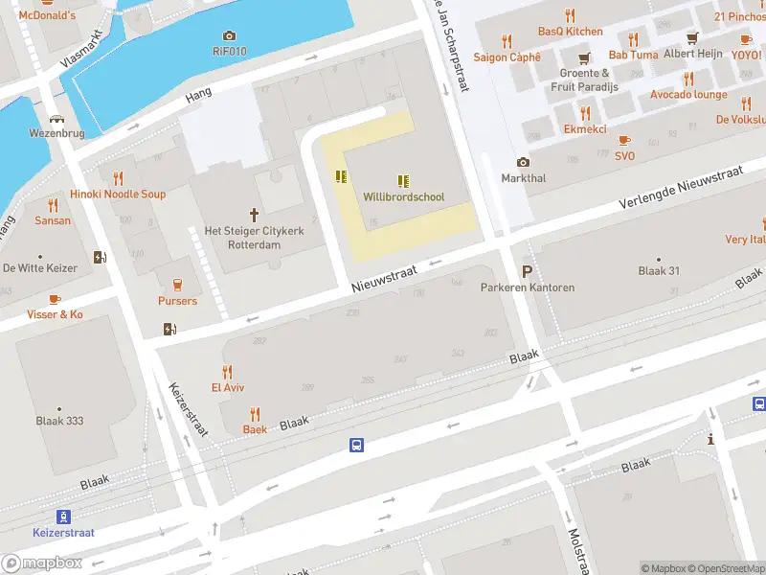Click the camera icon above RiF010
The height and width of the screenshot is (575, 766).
(229, 36)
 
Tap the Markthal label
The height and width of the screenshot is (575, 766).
(523, 178)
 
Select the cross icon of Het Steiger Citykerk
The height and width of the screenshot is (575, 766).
(255, 215)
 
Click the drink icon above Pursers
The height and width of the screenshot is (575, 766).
(177, 284)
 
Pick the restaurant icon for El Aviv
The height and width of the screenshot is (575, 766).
(228, 371)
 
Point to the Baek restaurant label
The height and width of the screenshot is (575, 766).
(255, 429)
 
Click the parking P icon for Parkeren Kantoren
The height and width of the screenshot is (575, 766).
(527, 271)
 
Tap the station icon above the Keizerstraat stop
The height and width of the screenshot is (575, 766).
(63, 517)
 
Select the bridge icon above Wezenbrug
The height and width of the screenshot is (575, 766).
(58, 120)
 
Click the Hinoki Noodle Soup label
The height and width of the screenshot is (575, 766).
(118, 194)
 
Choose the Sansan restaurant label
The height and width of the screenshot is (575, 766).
(53, 220)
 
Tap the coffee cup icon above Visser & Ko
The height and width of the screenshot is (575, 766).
(55, 298)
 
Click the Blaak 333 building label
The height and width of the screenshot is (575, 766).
(59, 421)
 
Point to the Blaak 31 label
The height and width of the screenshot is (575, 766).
(659, 270)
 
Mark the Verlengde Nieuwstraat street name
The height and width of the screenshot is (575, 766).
(681, 188)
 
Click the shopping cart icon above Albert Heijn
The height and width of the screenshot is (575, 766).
(693, 38)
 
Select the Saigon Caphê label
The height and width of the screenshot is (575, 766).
(507, 57)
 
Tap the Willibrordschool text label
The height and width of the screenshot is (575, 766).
(404, 196)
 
